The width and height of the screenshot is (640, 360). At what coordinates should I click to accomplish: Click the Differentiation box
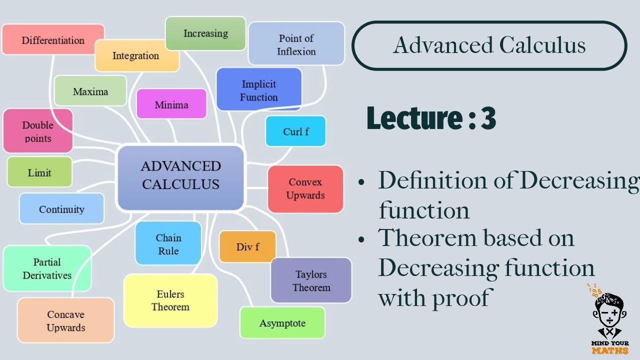click(x=53, y=39)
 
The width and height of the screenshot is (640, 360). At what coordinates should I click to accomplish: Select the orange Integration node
click(x=136, y=55)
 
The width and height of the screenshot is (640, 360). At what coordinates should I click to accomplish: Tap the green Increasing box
click(x=205, y=33)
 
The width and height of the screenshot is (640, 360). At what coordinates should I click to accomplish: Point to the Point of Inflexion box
click(x=296, y=44)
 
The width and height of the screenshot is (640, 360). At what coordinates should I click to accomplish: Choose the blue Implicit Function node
click(x=258, y=90)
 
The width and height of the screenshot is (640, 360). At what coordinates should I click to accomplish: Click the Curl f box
click(x=295, y=131)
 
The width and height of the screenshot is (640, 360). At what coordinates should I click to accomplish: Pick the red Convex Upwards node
click(x=305, y=188)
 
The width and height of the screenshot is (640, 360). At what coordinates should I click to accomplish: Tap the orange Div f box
click(x=247, y=247)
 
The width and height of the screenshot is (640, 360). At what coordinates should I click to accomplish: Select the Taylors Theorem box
click(x=311, y=280)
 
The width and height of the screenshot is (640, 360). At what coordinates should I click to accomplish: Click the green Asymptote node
click(x=282, y=323)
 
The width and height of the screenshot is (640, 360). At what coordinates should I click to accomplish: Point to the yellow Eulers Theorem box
click(x=170, y=300)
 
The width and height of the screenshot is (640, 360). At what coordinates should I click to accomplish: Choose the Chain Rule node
click(x=168, y=243)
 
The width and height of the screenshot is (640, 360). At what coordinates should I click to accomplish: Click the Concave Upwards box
click(x=66, y=320)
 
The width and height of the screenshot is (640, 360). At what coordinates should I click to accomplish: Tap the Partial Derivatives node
click(x=47, y=268)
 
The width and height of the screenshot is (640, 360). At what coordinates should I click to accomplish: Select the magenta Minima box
click(x=171, y=104)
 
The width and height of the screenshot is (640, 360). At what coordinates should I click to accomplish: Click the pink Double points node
click(x=37, y=131)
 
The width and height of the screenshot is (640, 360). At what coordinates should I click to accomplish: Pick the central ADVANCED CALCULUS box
click(x=180, y=176)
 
